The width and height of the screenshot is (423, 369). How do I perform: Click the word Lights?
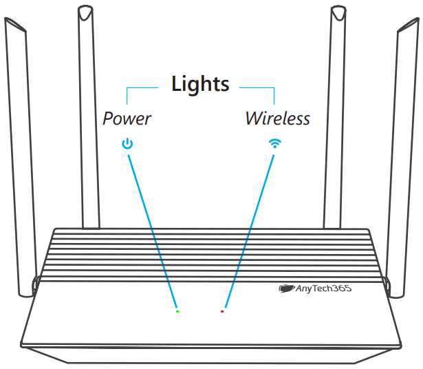(199, 85)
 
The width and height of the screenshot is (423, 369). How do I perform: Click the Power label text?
(127, 118)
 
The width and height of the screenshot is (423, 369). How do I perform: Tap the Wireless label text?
(277, 118)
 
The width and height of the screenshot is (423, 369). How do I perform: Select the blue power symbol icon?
(127, 145)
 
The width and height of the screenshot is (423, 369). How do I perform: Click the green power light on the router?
(177, 311)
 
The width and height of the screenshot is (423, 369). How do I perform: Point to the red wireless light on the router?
(222, 311)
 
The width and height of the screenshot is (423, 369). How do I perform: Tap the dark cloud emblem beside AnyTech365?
(286, 289)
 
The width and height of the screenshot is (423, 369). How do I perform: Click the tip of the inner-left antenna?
(85, 10)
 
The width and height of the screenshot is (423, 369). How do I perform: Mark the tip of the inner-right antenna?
(338, 10)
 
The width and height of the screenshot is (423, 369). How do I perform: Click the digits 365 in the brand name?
(341, 289)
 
